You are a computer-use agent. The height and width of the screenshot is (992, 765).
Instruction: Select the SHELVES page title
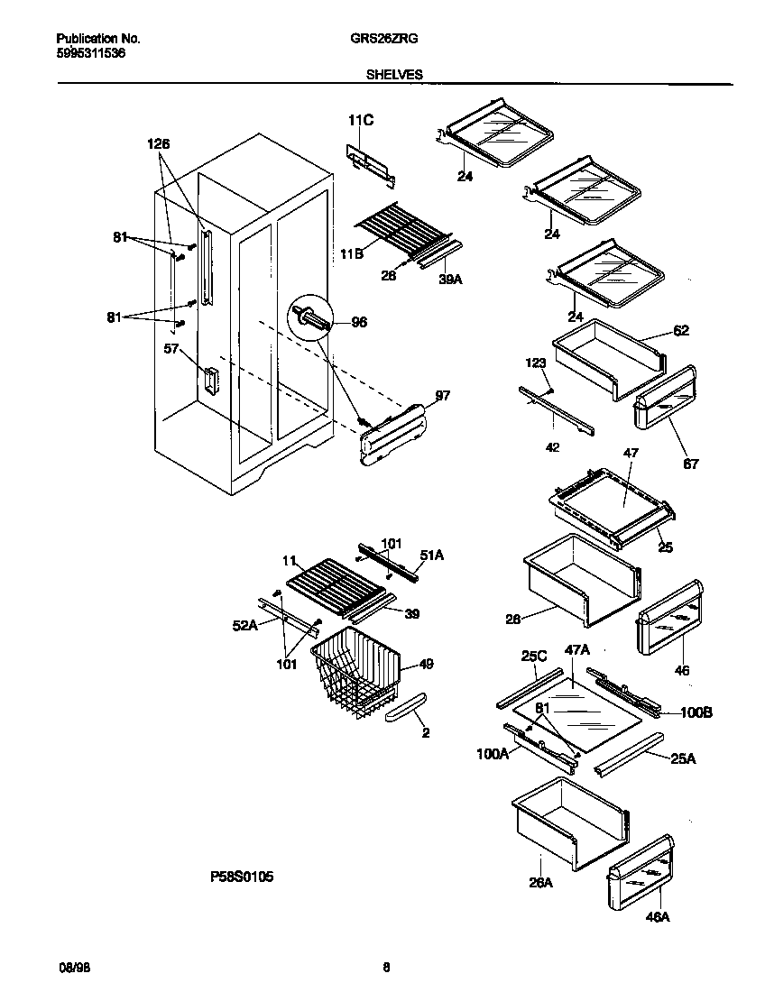(x=394, y=76)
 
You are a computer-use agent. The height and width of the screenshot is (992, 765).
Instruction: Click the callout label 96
(x=359, y=322)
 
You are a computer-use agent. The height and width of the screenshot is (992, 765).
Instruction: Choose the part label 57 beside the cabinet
(x=171, y=349)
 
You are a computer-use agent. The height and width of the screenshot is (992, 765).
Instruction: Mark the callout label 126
(x=158, y=143)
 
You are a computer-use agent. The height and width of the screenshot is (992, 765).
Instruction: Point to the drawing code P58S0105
(x=235, y=876)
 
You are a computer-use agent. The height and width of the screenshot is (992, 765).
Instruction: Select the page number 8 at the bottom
(x=386, y=968)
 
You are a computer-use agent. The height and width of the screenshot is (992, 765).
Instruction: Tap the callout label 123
(x=537, y=363)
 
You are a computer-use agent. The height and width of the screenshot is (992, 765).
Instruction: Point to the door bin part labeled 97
(x=392, y=435)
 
